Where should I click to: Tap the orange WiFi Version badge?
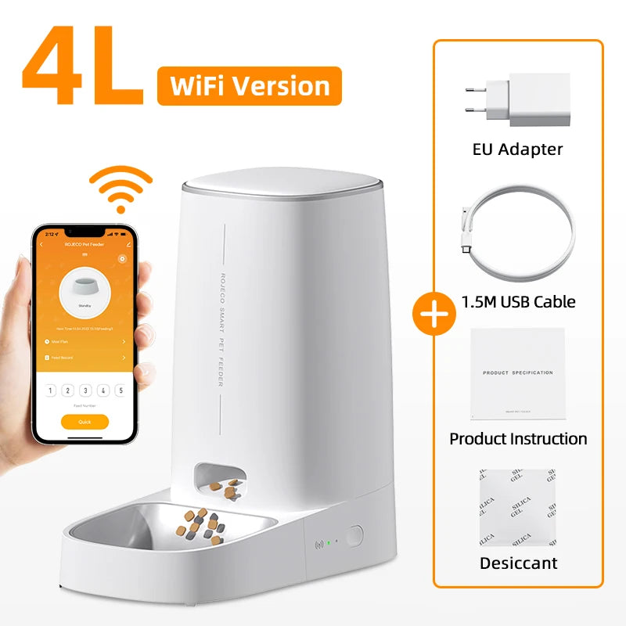249,85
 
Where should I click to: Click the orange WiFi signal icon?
120,189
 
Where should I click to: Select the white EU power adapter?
519,100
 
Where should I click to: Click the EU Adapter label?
518,149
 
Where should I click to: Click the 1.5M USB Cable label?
518,300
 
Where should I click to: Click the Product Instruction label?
518,438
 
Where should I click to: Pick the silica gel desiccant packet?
518,507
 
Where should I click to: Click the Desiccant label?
518,563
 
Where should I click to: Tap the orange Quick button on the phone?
85,422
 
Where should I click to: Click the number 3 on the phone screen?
85,390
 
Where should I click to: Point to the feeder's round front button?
354,537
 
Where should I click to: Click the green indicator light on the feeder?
329,541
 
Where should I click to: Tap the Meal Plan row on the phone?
85,342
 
